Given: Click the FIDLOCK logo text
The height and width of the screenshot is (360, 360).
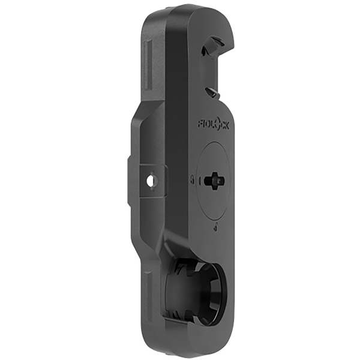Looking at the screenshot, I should (214, 124).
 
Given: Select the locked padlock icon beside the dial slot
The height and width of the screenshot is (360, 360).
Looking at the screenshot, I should (191, 179).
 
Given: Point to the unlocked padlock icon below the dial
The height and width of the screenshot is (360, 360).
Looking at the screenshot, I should (214, 227).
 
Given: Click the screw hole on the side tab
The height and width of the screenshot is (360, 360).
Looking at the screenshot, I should (151, 179).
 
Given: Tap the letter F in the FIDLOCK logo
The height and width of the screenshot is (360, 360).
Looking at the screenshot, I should (200, 124).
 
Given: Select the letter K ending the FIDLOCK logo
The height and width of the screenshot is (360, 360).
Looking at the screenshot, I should (227, 124).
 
